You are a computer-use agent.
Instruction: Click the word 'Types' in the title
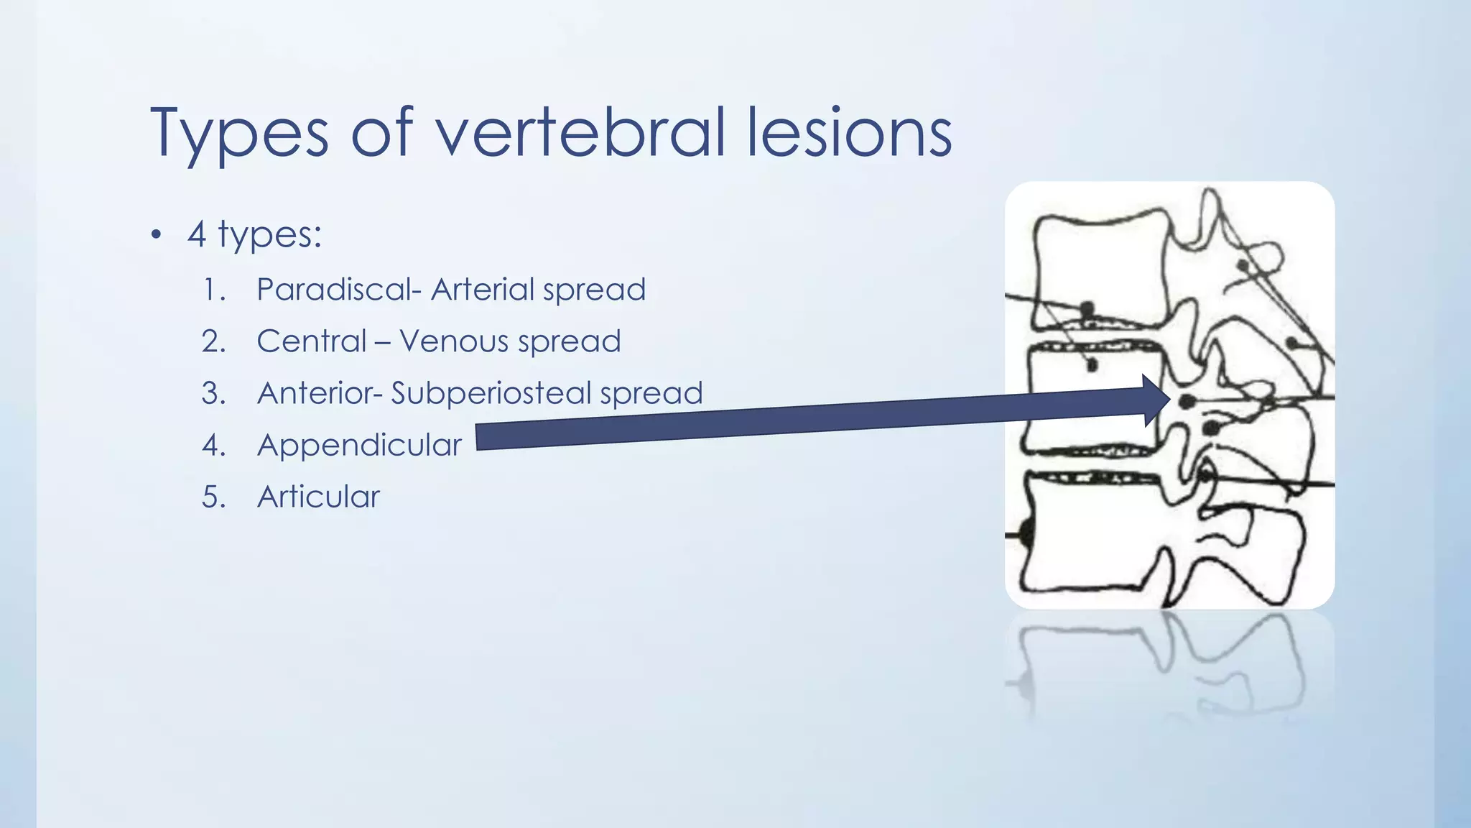pos(239,134)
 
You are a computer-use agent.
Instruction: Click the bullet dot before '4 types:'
pos(157,235)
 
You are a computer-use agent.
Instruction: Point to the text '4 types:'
pos(254,234)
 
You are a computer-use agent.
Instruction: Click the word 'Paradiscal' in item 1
pos(335,290)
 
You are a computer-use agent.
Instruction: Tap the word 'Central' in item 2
pos(312,341)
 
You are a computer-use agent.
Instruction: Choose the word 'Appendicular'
pos(359,445)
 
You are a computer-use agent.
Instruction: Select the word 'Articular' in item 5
pos(318,497)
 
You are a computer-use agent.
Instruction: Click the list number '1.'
pos(214,290)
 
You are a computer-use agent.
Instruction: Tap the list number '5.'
pos(214,497)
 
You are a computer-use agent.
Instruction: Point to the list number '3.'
pos(214,393)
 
